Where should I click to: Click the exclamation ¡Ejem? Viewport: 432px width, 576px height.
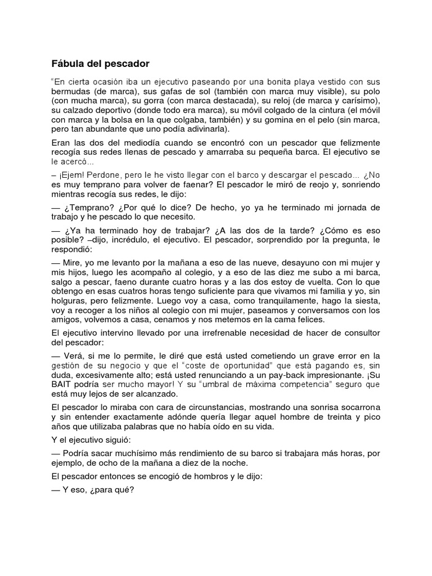point(73,176)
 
